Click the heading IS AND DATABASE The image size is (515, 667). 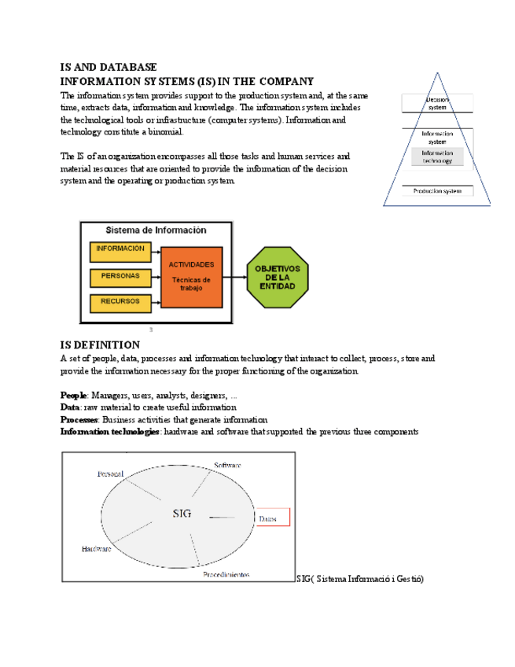(x=109, y=68)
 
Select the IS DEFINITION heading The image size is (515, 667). (x=101, y=345)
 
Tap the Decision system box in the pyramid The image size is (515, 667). (x=438, y=103)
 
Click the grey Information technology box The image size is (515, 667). (x=438, y=157)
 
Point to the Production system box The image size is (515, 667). (x=438, y=191)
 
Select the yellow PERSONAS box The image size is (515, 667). (x=120, y=276)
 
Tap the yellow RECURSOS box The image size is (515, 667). (x=120, y=301)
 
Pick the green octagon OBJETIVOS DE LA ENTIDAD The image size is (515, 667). (x=278, y=277)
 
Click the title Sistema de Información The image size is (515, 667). (x=156, y=230)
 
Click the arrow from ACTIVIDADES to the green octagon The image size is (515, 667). (x=234, y=277)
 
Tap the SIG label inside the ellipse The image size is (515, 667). (x=182, y=514)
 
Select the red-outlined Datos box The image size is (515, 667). (x=272, y=517)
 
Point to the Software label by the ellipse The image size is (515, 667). (x=227, y=466)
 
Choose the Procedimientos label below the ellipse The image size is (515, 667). (x=226, y=575)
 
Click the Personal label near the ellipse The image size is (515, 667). (x=111, y=474)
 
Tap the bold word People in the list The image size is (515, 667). (x=74, y=395)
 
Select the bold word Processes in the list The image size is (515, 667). (x=79, y=420)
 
